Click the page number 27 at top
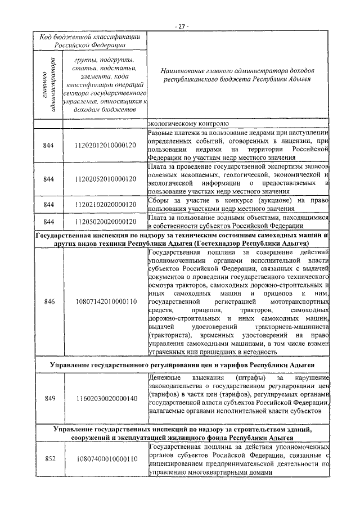[x=180, y=26]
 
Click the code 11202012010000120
[x=105, y=146]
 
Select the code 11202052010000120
[x=105, y=179]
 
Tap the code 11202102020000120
[x=105, y=204]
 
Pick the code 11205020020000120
[x=105, y=222]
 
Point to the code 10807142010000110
[x=105, y=301]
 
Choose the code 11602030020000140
[x=105, y=398]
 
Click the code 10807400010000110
[x=105, y=458]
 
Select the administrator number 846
[x=49, y=301]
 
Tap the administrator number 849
[x=49, y=398]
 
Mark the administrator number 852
[x=49, y=458]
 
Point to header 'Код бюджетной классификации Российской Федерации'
[x=90, y=41]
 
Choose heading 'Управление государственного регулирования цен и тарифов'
[x=180, y=366]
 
